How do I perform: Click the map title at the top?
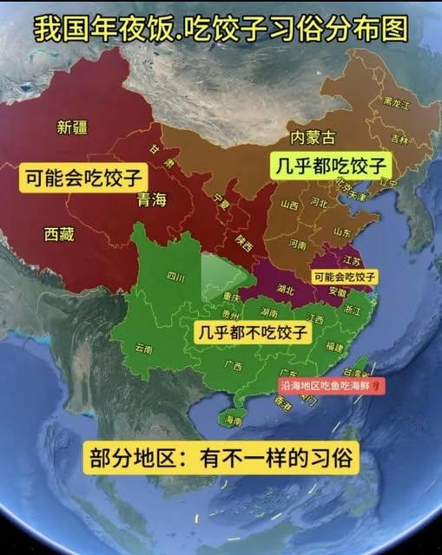(221, 29)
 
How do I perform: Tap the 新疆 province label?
(72, 128)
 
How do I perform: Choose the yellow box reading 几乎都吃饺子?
(331, 165)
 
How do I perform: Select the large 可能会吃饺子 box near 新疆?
(82, 179)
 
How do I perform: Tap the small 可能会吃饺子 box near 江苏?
(345, 276)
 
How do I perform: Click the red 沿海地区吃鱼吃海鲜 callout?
(329, 388)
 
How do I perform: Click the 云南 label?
(143, 349)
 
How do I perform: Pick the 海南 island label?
(233, 421)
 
